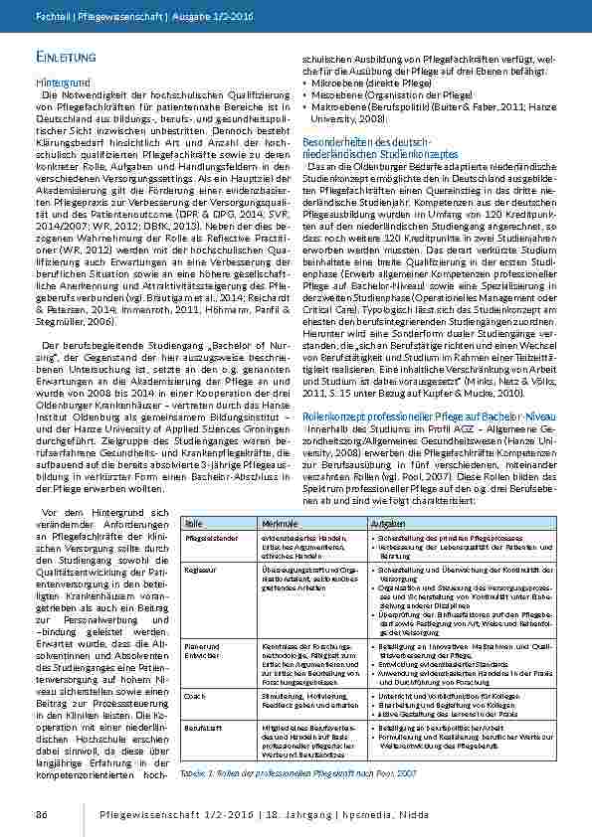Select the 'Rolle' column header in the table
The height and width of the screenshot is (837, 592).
tap(193, 523)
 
